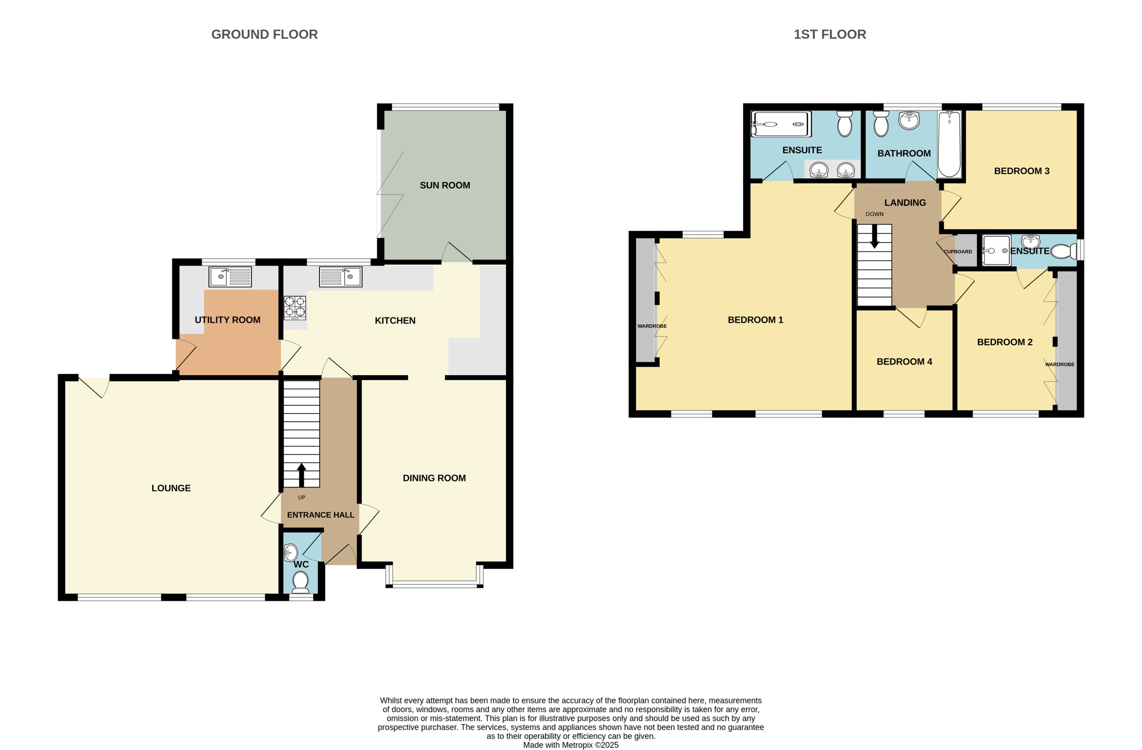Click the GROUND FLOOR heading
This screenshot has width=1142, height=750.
[x=264, y=35]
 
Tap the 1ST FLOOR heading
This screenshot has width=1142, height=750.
[x=830, y=35]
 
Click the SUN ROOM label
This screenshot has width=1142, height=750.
[x=445, y=185]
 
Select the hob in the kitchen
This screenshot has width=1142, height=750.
[x=295, y=308]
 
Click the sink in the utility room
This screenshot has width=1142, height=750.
[x=230, y=277]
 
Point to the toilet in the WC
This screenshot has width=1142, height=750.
[x=301, y=582]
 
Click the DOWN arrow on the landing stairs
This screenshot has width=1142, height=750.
[x=874, y=236]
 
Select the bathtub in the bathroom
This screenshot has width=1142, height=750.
[x=949, y=144]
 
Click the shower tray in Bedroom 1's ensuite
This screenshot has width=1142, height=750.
[x=781, y=124]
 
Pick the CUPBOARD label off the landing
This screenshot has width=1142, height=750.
[x=958, y=252]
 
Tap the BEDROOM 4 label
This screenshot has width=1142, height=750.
[x=904, y=362]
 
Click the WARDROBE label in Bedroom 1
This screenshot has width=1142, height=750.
[x=652, y=326]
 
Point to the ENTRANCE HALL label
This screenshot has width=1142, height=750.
[x=320, y=515]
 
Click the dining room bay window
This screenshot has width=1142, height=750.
[x=434, y=584]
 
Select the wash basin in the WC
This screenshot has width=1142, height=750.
[x=291, y=553]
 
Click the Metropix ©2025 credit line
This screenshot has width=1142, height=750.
[x=571, y=745]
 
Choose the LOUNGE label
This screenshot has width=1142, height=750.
[x=171, y=488]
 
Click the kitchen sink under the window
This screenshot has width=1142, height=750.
[x=341, y=277]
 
